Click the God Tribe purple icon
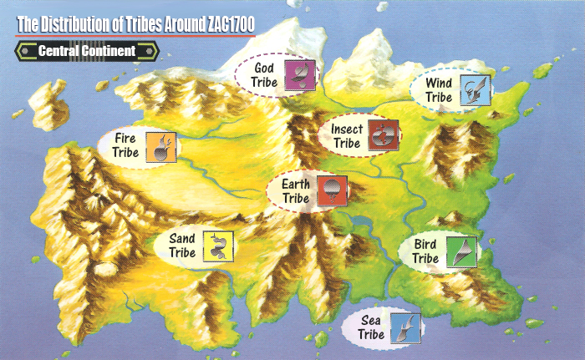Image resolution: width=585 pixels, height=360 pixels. pyautogui.click(x=298, y=74)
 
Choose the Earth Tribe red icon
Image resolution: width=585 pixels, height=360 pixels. pyautogui.click(x=332, y=191)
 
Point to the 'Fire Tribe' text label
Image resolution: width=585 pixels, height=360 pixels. pyautogui.click(x=122, y=146)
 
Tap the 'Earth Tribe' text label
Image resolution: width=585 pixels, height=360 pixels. pyautogui.click(x=296, y=191)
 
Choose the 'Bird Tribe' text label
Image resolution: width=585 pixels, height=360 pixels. pyautogui.click(x=425, y=251)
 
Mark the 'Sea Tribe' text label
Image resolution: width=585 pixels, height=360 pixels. pyautogui.click(x=371, y=327)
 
